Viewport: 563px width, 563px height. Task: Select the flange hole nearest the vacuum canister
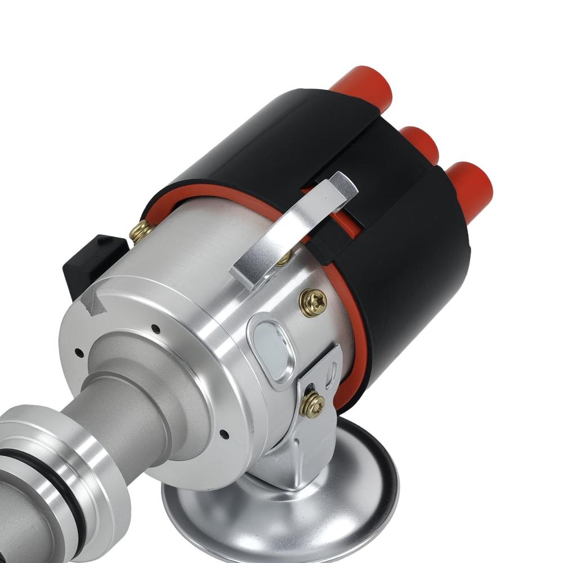click(224, 434)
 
